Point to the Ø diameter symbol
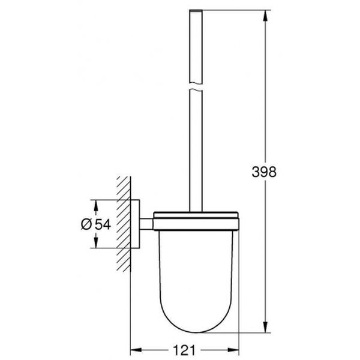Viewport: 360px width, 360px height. point(85,223)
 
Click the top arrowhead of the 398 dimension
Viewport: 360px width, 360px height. point(265,14)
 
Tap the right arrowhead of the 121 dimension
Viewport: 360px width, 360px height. point(236,347)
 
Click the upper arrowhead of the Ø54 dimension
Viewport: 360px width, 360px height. point(94,203)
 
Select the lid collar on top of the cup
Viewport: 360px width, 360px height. point(196,221)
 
